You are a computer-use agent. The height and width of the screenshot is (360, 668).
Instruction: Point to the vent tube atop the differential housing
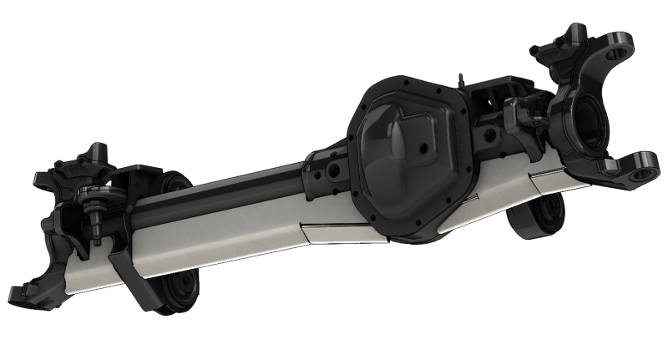459,79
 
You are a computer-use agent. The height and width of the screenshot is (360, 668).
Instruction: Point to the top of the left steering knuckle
88,159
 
